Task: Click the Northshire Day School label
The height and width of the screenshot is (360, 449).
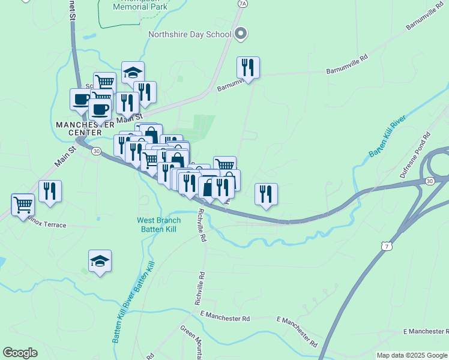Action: [190, 34]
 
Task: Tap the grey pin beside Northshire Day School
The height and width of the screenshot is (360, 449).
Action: [240, 34]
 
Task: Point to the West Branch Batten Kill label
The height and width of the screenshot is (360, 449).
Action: [159, 224]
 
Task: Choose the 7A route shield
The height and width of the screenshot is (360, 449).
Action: [242, 4]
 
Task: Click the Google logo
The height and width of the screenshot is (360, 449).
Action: [20, 353]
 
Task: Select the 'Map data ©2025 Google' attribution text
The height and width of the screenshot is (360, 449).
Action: [412, 355]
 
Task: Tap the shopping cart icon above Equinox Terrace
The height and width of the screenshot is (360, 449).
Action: [23, 203]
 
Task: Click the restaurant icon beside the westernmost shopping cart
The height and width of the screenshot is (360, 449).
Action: [50, 191]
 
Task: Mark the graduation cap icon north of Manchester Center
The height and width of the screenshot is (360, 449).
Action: [133, 73]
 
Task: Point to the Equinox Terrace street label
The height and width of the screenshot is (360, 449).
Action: [43, 225]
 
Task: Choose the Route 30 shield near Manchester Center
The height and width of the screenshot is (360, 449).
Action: [96, 151]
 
